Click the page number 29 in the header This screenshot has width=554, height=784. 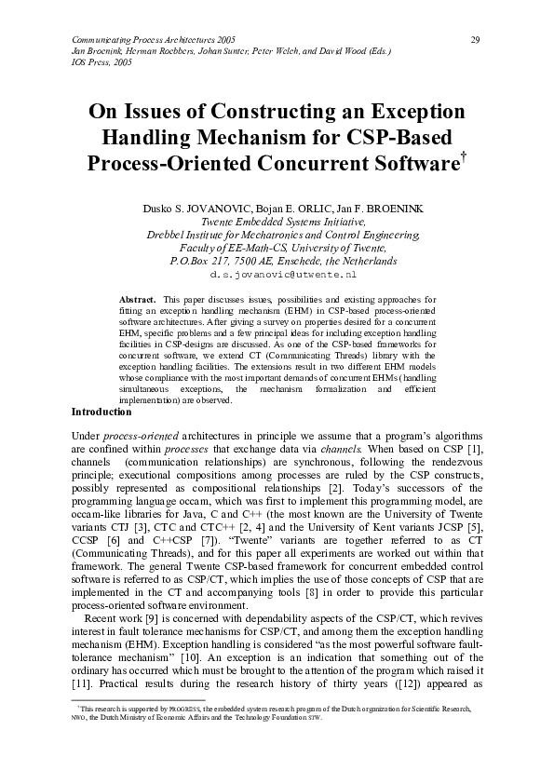tap(475, 39)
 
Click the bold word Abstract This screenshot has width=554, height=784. tap(138, 299)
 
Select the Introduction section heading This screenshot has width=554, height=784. tap(101, 412)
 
